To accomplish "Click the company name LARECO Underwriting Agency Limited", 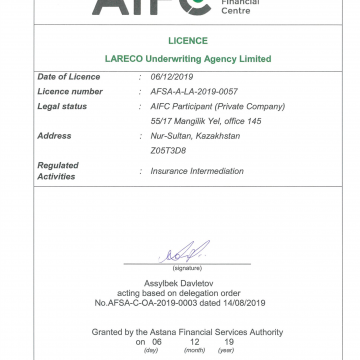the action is click(180, 60).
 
